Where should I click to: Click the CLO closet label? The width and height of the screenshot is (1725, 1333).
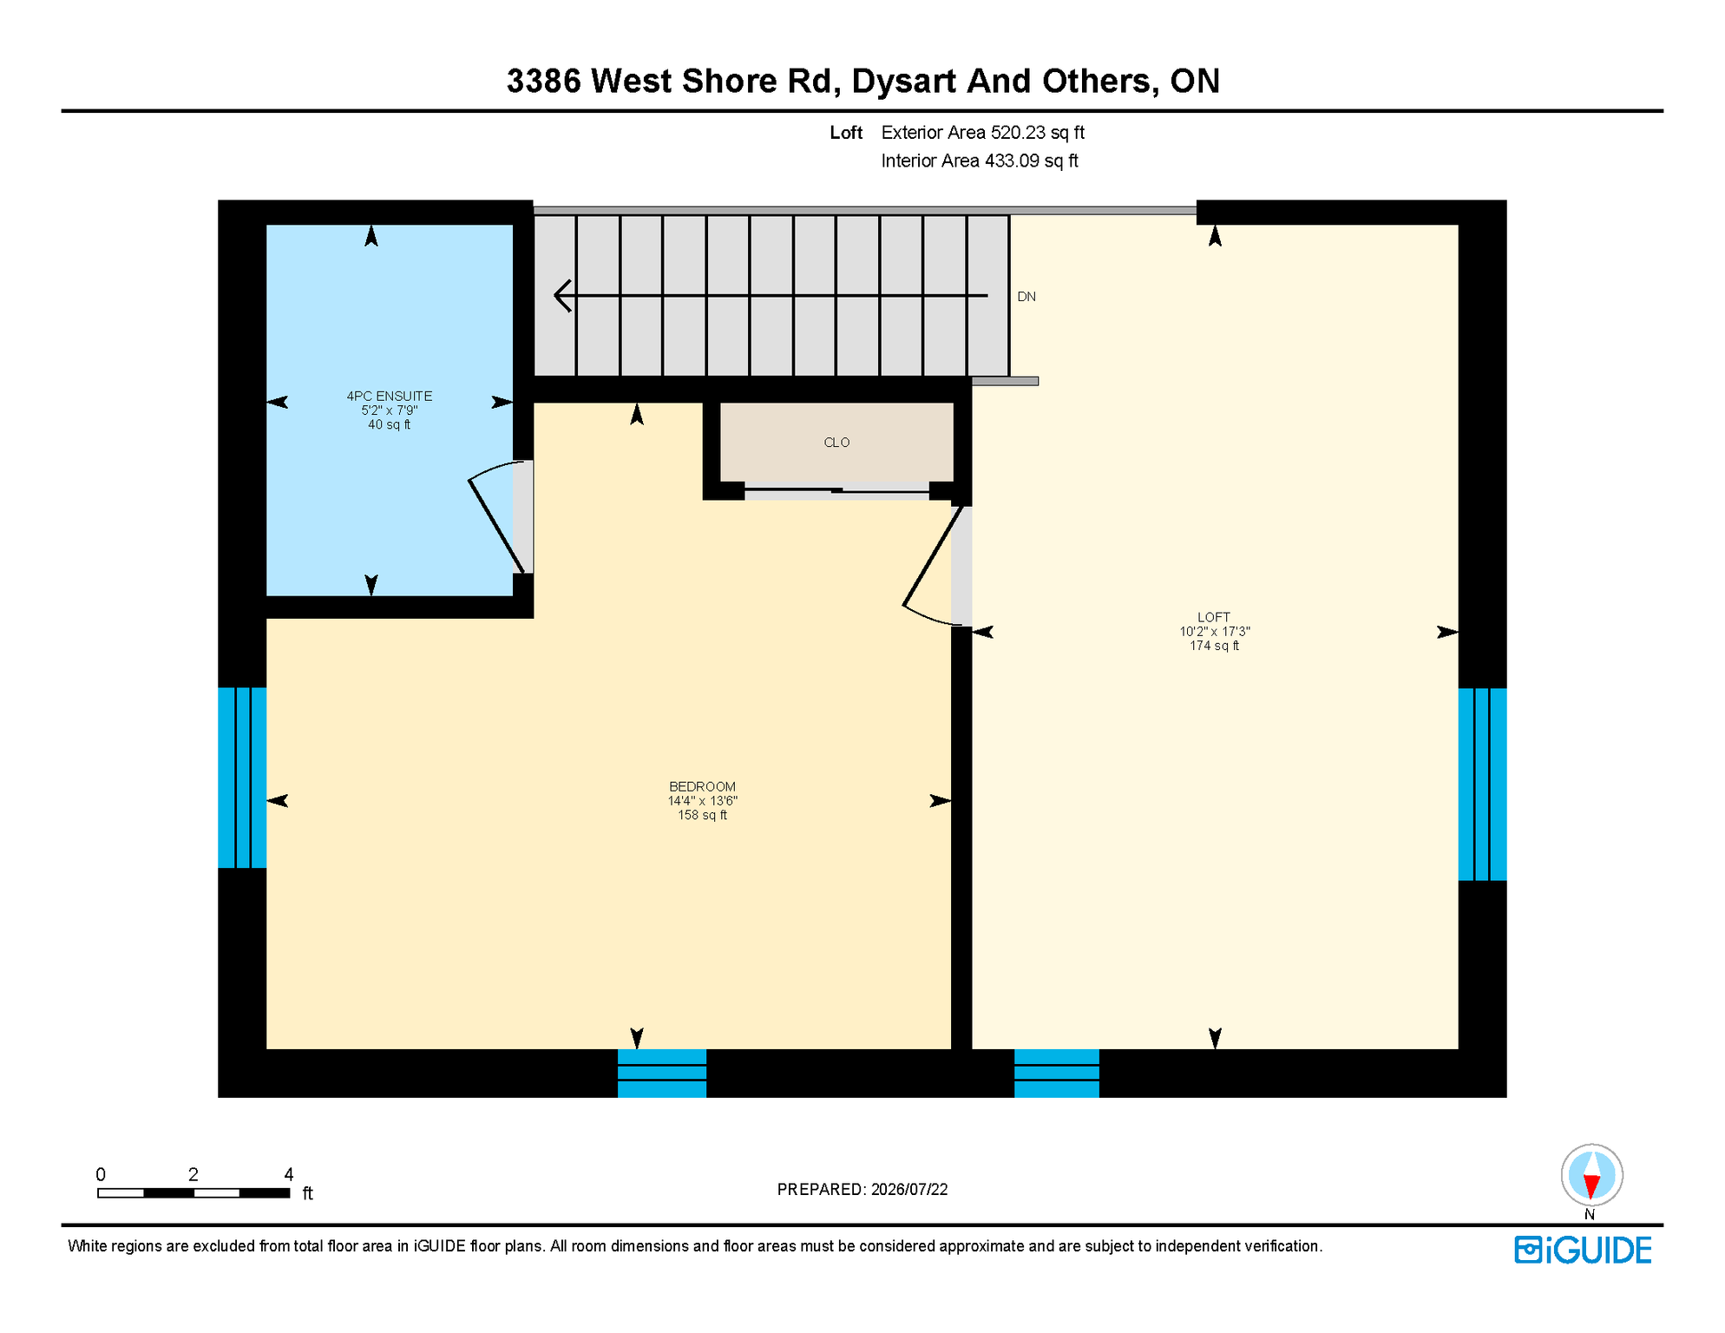click(x=836, y=443)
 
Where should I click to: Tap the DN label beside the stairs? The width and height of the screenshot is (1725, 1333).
click(x=1026, y=297)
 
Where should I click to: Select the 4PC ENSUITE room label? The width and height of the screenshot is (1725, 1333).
click(x=390, y=397)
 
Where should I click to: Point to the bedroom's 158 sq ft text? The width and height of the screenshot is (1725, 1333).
click(x=703, y=816)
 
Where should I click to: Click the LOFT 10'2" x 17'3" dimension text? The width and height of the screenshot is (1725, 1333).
click(x=1215, y=632)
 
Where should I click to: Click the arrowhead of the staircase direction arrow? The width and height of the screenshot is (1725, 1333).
click(x=562, y=296)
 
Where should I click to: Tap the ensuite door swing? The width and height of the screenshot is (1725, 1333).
click(x=498, y=517)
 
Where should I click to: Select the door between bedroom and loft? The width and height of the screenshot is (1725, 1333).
click(x=935, y=565)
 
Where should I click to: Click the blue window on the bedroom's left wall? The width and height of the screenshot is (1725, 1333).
click(x=242, y=778)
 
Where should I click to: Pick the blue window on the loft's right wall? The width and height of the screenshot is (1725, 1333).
click(x=1482, y=785)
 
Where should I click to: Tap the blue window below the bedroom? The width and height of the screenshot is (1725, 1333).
click(x=662, y=1074)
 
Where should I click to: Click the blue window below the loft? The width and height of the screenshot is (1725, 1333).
click(x=1057, y=1074)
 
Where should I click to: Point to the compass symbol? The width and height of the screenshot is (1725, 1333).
click(x=1591, y=1176)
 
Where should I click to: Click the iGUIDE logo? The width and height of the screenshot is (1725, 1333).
click(x=1583, y=1250)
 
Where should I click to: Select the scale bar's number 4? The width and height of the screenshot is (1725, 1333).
click(x=289, y=1175)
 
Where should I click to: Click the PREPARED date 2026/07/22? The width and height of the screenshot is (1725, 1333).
click(x=909, y=1190)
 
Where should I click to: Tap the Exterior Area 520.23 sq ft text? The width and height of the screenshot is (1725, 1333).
click(x=983, y=133)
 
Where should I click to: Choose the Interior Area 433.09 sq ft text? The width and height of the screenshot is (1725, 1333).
click(x=980, y=161)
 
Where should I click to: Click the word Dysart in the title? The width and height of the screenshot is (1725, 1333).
click(x=904, y=82)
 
